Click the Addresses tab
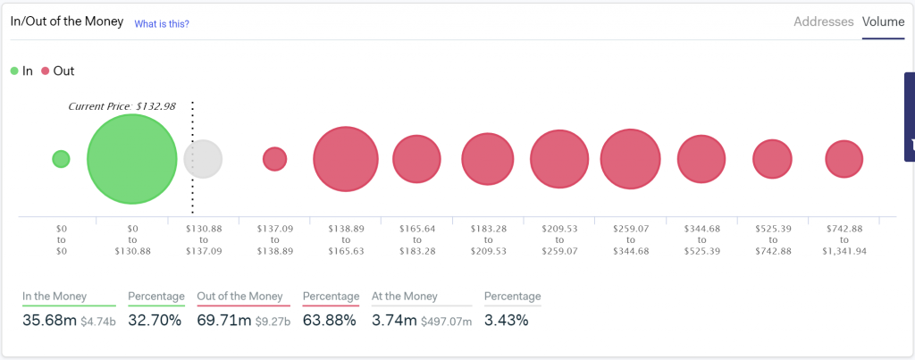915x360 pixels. [x=823, y=21]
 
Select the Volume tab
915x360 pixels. [x=883, y=21]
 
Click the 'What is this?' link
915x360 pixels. [x=162, y=24]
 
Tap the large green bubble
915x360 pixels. [x=131, y=159]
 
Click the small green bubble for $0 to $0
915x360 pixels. [x=61, y=159]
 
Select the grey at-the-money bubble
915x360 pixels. [x=203, y=159]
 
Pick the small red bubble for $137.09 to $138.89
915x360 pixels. [x=274, y=159]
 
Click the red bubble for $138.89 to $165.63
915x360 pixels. [x=345, y=159]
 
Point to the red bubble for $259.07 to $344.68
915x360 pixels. [x=630, y=159]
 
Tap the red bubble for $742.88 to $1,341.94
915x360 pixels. [x=844, y=159]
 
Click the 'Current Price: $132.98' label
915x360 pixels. [x=122, y=106]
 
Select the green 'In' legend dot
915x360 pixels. [x=14, y=71]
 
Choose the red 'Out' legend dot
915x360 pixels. [x=46, y=71]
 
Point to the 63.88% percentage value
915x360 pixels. [x=330, y=320]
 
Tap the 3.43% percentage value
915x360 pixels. [x=506, y=320]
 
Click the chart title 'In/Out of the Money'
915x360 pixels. [x=67, y=22]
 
